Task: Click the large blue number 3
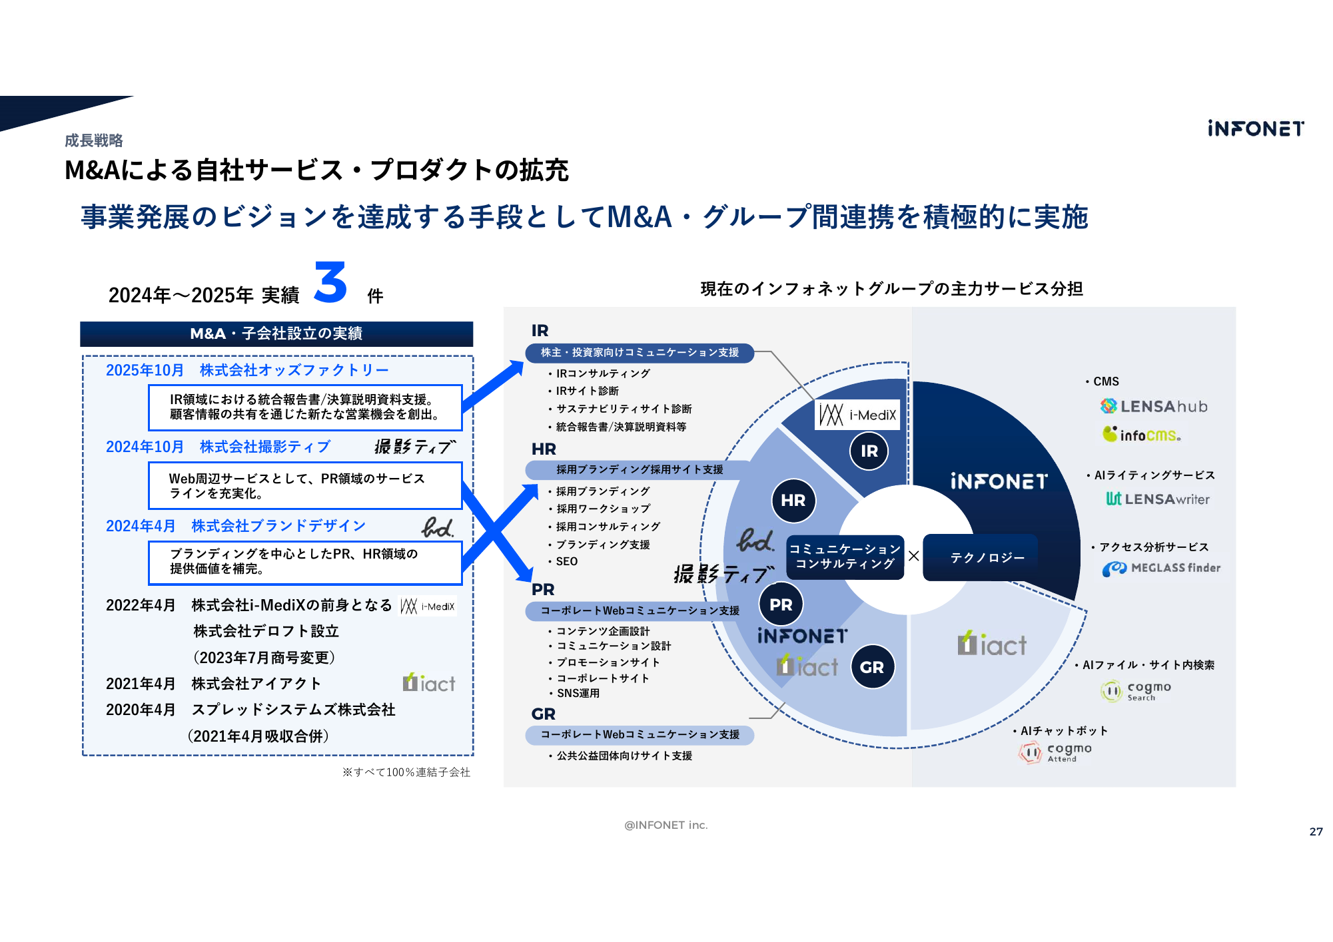pyautogui.click(x=330, y=282)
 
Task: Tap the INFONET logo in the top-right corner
pyautogui.click(x=1256, y=128)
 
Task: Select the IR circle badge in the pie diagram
pyautogui.click(x=869, y=451)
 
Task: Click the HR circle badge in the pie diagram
pyautogui.click(x=793, y=500)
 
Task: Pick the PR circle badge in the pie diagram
pyautogui.click(x=781, y=604)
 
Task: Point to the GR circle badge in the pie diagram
pyautogui.click(x=872, y=667)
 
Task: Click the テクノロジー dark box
pyautogui.click(x=987, y=557)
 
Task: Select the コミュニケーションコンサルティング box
pyautogui.click(x=845, y=557)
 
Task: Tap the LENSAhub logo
pyautogui.click(x=1154, y=406)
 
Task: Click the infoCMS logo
pyautogui.click(x=1141, y=435)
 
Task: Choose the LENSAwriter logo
pyautogui.click(x=1158, y=499)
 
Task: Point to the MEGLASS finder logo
pyautogui.click(x=1161, y=568)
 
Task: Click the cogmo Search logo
pyautogui.click(x=1136, y=690)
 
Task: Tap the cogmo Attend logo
pyautogui.click(x=1056, y=752)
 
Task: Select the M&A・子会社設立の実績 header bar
pyautogui.click(x=276, y=334)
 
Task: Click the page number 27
pyautogui.click(x=1316, y=831)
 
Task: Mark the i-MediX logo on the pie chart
pyautogui.click(x=857, y=415)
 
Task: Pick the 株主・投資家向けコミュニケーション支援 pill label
pyautogui.click(x=640, y=352)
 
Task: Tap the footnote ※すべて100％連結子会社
pyautogui.click(x=406, y=772)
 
